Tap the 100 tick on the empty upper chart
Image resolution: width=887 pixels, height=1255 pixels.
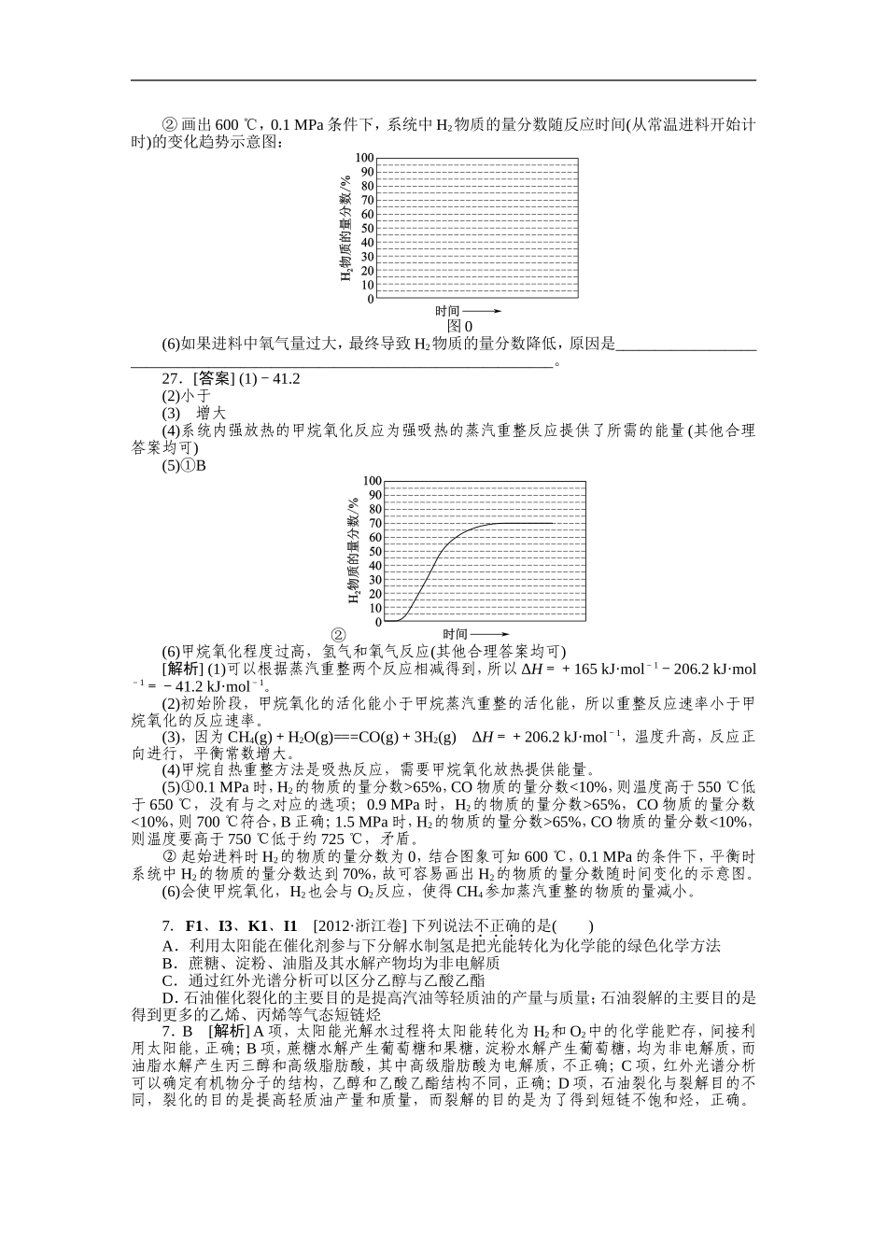pos(363,158)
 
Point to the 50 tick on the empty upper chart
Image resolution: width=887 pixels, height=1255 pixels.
pos(366,229)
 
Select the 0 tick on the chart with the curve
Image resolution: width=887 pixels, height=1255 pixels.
pos(377,621)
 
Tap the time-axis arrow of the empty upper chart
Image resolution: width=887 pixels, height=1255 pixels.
pos(483,311)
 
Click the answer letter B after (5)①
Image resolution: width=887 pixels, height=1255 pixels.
pos(201,465)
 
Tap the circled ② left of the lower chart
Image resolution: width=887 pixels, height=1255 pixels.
pos(340,634)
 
